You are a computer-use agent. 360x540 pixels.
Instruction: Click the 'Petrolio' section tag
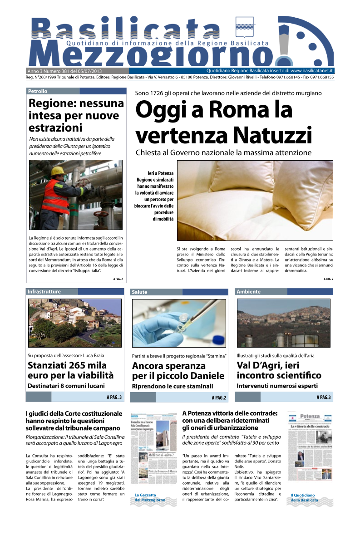(38, 91)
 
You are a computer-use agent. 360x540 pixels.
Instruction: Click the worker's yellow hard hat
(57, 171)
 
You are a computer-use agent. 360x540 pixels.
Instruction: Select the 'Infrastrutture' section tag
(44, 291)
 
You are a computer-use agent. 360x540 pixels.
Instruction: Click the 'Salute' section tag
(139, 292)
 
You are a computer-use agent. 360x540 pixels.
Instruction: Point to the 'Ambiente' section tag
(248, 292)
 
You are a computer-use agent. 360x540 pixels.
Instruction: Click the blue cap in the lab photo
(218, 339)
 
